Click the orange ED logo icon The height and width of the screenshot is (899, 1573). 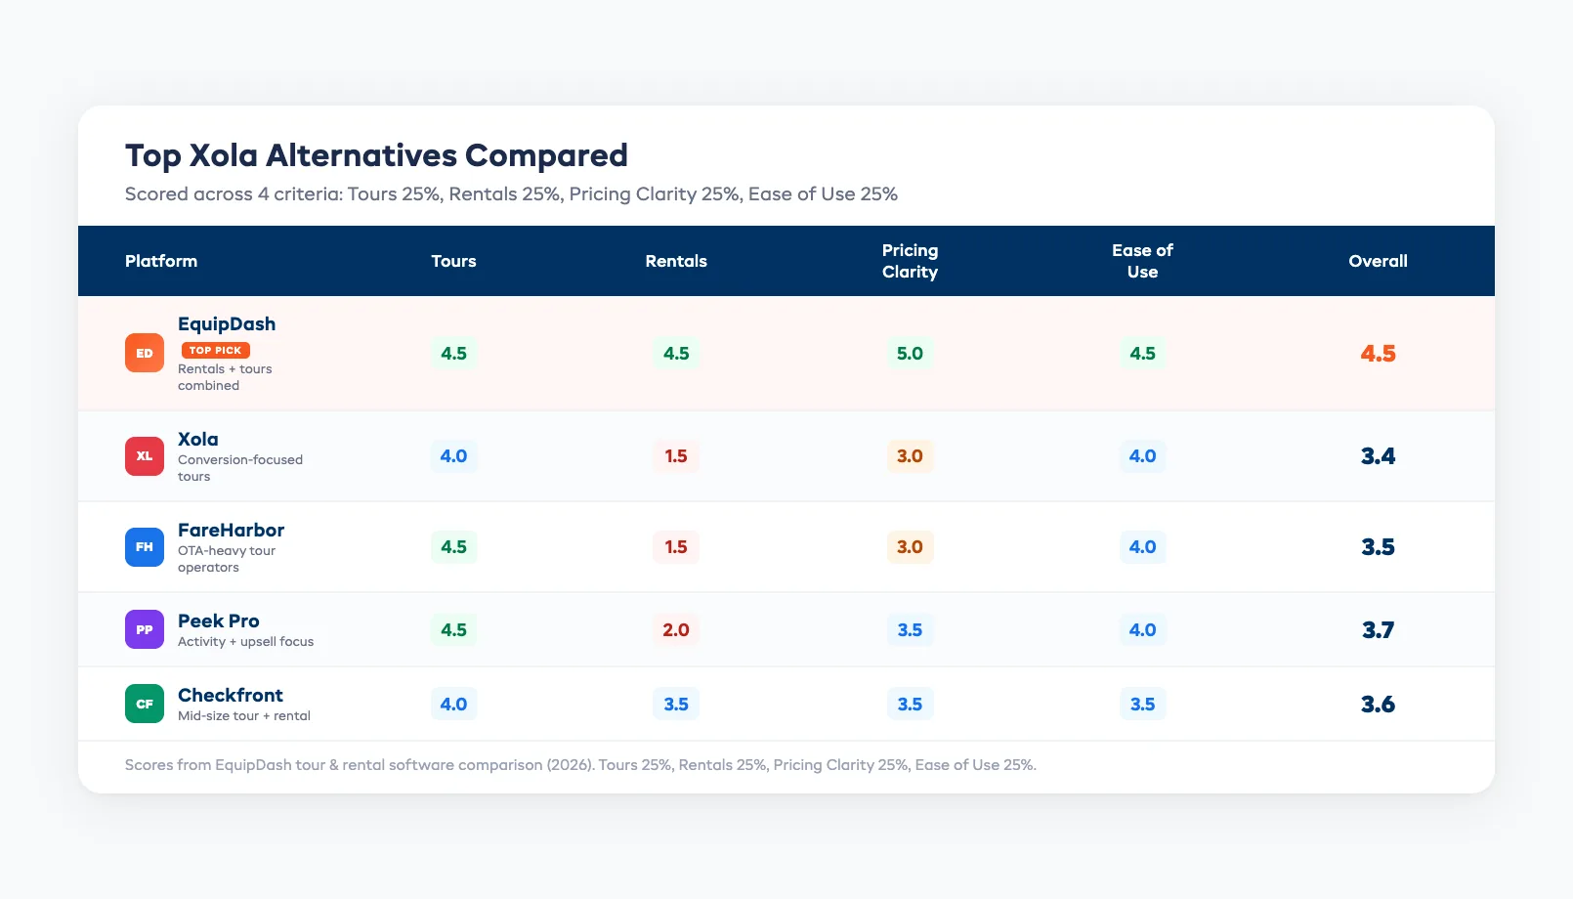145,353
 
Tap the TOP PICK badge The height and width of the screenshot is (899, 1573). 216,350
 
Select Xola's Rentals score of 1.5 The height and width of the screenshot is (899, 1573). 676,456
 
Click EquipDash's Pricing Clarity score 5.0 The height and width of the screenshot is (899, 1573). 910,353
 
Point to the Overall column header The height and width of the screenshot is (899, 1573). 1378,261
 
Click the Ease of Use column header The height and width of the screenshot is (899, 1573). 1142,261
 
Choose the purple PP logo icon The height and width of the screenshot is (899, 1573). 145,629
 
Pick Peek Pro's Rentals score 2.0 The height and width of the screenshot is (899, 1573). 676,629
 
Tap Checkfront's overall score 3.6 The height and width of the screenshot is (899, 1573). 1378,704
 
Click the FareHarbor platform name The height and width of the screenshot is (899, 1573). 231,530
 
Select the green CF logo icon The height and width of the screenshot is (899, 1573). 145,704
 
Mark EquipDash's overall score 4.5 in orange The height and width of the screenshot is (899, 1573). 1378,353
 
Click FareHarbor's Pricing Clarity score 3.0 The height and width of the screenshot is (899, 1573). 910,546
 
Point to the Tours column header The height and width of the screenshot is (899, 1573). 453,261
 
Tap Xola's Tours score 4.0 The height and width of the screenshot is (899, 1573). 453,456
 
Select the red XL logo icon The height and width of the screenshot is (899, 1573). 145,456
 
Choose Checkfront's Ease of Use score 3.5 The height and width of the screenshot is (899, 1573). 1142,704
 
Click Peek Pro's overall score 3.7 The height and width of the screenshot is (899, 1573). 1378,629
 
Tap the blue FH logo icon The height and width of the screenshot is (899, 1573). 145,546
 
